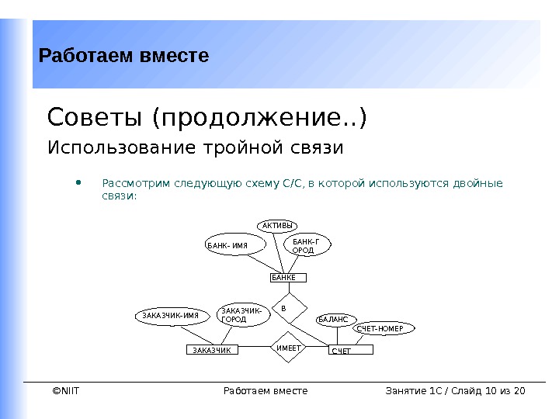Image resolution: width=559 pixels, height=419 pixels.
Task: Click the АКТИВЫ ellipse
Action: click(x=279, y=225)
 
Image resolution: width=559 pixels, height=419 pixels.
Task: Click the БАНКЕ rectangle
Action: click(x=288, y=277)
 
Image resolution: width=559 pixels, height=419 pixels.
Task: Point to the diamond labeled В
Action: click(x=285, y=309)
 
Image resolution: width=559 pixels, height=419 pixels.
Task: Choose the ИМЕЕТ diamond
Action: click(x=288, y=349)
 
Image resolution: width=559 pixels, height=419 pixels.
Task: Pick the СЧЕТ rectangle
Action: click(x=350, y=351)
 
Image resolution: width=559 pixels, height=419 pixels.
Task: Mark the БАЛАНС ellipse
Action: click(x=335, y=319)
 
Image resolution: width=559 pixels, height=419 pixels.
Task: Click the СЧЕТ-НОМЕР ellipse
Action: click(x=384, y=328)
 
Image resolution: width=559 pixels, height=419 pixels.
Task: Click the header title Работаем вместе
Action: click(x=124, y=56)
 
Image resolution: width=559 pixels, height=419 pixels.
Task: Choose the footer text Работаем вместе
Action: click(x=265, y=390)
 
